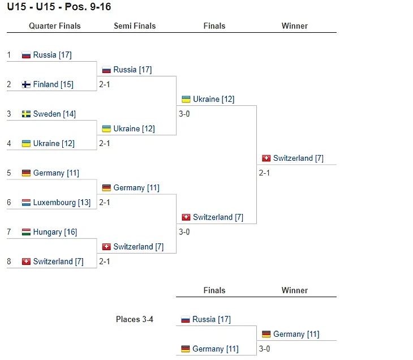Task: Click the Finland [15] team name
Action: click(x=53, y=84)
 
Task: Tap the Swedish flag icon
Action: click(x=26, y=114)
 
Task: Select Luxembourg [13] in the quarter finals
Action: click(x=62, y=203)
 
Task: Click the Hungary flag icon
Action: click(x=26, y=232)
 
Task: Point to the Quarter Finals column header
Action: click(x=55, y=26)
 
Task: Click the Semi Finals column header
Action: click(x=135, y=26)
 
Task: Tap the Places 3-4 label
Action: click(x=135, y=319)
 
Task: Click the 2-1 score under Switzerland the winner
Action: click(x=264, y=173)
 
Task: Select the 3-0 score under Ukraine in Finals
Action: click(x=184, y=114)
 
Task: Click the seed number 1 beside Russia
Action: click(x=9, y=55)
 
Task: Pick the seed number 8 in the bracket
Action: click(x=9, y=262)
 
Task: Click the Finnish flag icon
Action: click(x=26, y=84)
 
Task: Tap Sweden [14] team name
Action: click(x=54, y=114)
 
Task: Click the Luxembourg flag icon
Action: click(x=26, y=203)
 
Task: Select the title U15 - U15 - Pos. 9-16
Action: click(x=59, y=7)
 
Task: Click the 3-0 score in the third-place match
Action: click(x=264, y=349)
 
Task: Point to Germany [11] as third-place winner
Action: click(x=296, y=334)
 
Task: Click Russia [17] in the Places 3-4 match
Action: click(x=212, y=319)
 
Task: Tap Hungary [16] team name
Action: click(x=55, y=232)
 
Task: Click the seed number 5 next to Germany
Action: click(x=9, y=173)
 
